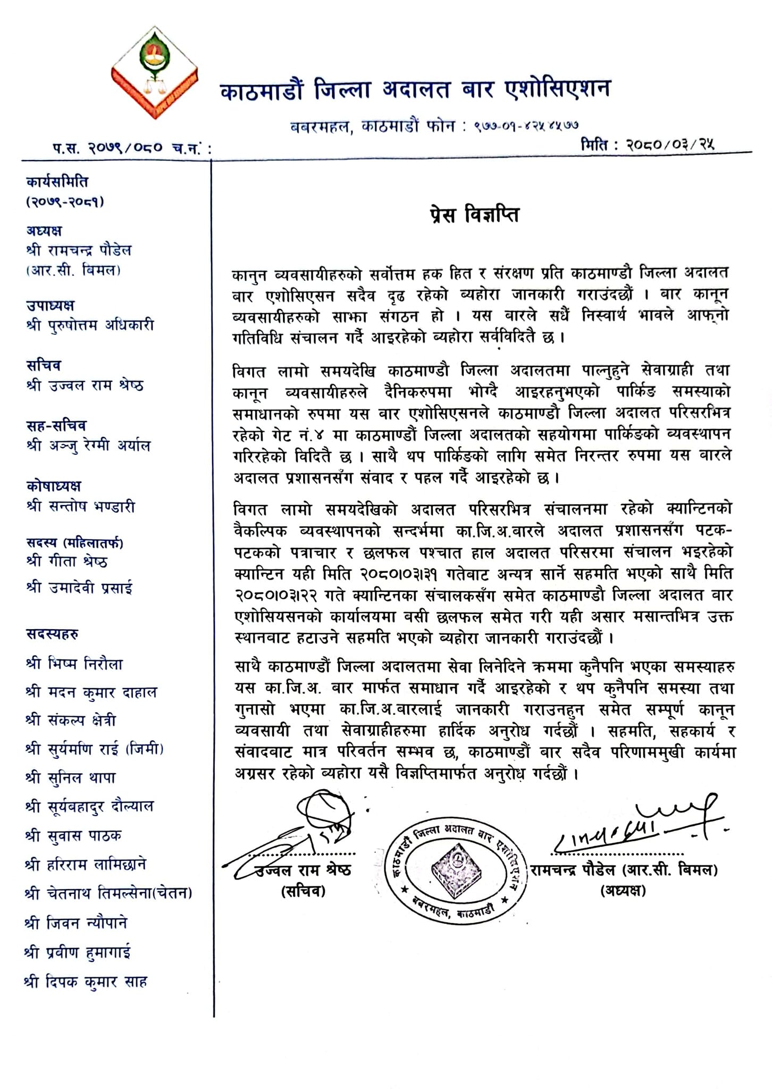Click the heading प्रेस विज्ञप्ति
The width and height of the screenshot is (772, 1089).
pyautogui.click(x=475, y=215)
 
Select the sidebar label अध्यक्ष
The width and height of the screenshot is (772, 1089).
pyautogui.click(x=44, y=231)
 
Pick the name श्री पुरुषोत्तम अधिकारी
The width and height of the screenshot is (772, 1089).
pyautogui.click(x=90, y=325)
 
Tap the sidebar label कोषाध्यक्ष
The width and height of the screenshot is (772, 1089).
pyautogui.click(x=54, y=486)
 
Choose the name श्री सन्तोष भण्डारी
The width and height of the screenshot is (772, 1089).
pyautogui.click(x=80, y=506)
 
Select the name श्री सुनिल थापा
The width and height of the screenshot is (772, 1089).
pyautogui.click(x=70, y=777)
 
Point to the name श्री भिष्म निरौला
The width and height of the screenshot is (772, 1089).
pyautogui.click(x=74, y=664)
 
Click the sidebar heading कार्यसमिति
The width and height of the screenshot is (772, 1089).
pyautogui.click(x=57, y=182)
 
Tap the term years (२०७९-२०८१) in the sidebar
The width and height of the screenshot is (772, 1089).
pyautogui.click(x=65, y=202)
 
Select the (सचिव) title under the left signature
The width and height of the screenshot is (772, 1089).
pyautogui.click(x=303, y=891)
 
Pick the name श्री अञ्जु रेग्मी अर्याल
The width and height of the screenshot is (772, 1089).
pyautogui.click(x=88, y=446)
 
